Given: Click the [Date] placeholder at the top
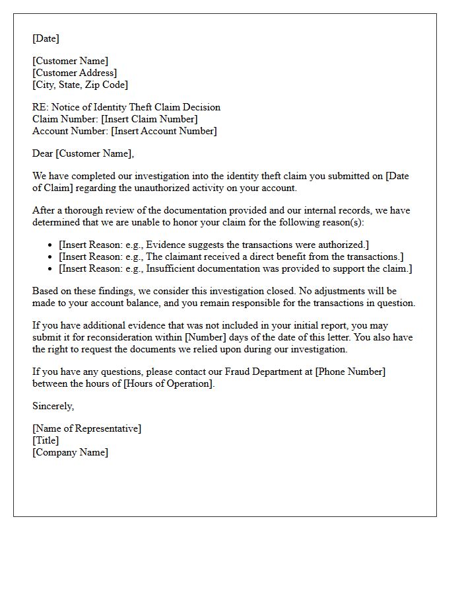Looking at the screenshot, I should [x=46, y=39].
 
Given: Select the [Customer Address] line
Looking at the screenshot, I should [x=75, y=73].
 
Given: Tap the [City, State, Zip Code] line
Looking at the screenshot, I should [x=80, y=85].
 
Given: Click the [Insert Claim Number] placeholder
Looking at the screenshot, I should [x=149, y=119].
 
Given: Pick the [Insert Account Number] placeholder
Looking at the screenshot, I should [x=164, y=131].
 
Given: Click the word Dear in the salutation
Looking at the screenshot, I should [x=43, y=153].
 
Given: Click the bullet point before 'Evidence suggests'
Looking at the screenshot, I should [x=51, y=245].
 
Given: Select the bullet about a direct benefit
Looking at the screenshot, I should [x=231, y=257].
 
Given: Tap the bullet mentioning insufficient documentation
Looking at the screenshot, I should [x=235, y=268].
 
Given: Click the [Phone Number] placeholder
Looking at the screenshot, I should [x=350, y=372].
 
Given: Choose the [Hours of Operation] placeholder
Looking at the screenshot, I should [x=168, y=383].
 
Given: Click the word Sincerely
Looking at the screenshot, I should [x=53, y=406].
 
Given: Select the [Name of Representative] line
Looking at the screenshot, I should [x=86, y=428].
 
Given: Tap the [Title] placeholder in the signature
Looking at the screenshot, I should [x=46, y=440].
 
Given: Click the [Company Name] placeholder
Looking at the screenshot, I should [x=70, y=452].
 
